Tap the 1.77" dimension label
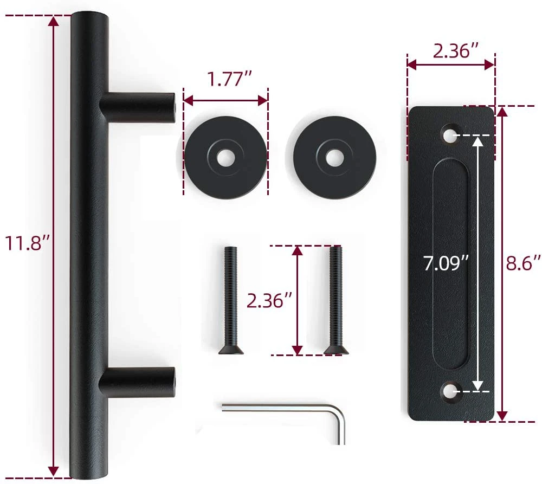[x=229, y=79]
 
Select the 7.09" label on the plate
[x=446, y=263]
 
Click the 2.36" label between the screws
[x=270, y=300]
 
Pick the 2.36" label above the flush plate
[x=456, y=51]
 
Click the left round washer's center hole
[x=225, y=157]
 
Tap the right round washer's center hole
[x=334, y=157]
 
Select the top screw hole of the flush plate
[x=450, y=135]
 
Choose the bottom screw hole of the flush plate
[x=450, y=391]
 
